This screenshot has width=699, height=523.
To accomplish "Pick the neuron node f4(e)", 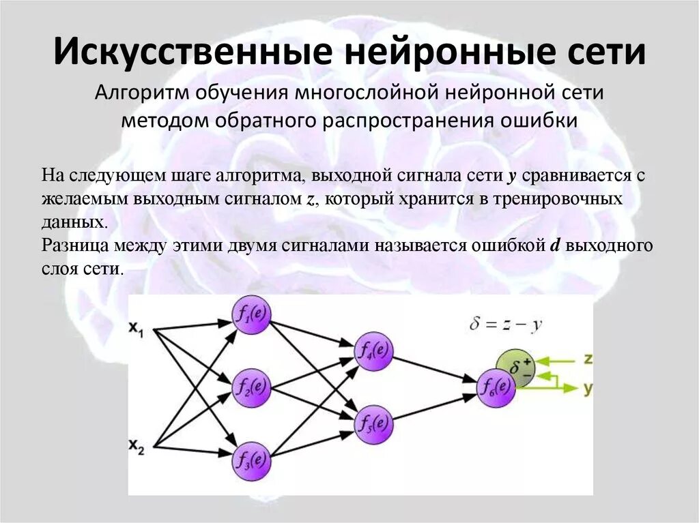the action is (373, 352).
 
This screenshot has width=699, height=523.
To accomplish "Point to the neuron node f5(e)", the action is (373, 424).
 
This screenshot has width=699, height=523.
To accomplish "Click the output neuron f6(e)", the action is (495, 388).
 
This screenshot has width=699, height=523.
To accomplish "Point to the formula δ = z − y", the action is (506, 325).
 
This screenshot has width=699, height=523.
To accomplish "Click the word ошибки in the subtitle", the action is (546, 120).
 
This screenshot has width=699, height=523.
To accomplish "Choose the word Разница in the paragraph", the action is (71, 245).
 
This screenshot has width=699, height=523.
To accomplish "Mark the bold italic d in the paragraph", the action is (555, 245).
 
